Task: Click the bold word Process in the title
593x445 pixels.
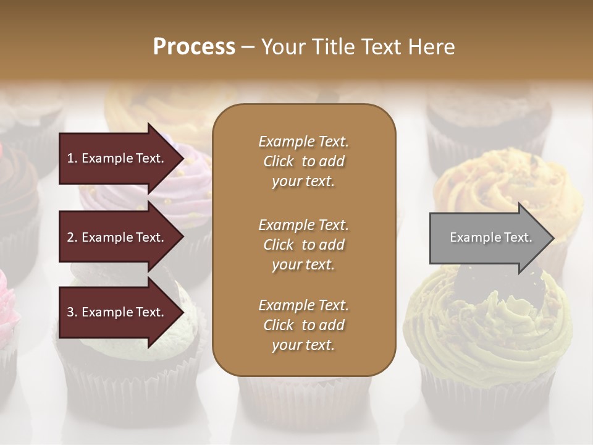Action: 194,47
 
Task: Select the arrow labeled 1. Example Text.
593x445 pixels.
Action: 117,158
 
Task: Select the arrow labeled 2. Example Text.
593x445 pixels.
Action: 117,237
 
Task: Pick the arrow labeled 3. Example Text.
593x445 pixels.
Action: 117,312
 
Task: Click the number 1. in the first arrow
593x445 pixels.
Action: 72,158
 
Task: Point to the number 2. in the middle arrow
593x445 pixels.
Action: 72,237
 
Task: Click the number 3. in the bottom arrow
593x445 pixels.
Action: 72,312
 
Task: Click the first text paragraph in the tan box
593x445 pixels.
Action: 303,161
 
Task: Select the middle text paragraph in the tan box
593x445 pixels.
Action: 303,244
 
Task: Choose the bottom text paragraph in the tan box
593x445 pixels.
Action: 303,325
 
